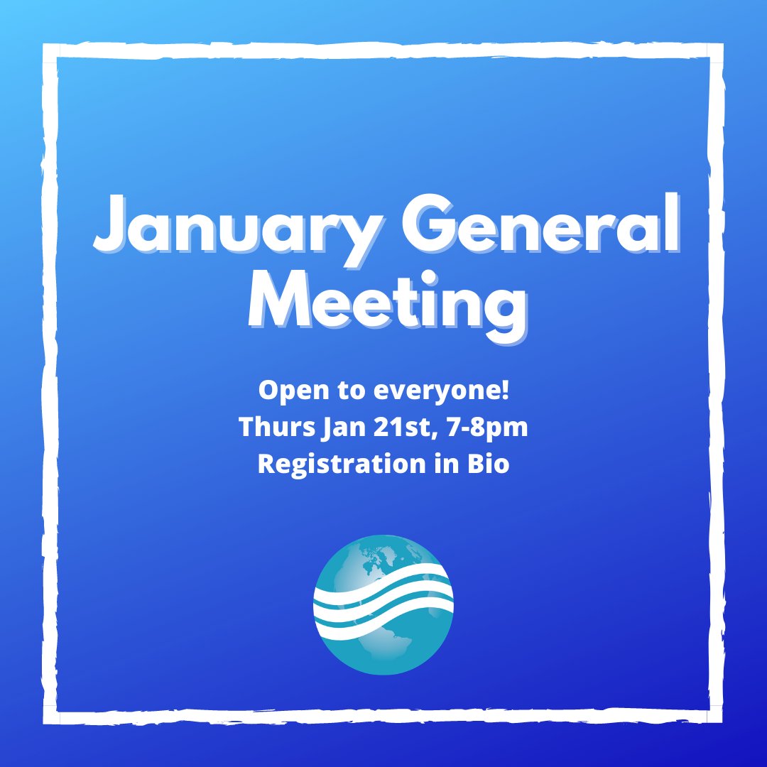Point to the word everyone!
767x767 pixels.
click(430, 391)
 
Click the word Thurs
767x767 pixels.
click(272, 427)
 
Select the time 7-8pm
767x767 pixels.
click(486, 428)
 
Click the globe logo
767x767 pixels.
click(383, 604)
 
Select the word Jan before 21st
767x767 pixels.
click(341, 427)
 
